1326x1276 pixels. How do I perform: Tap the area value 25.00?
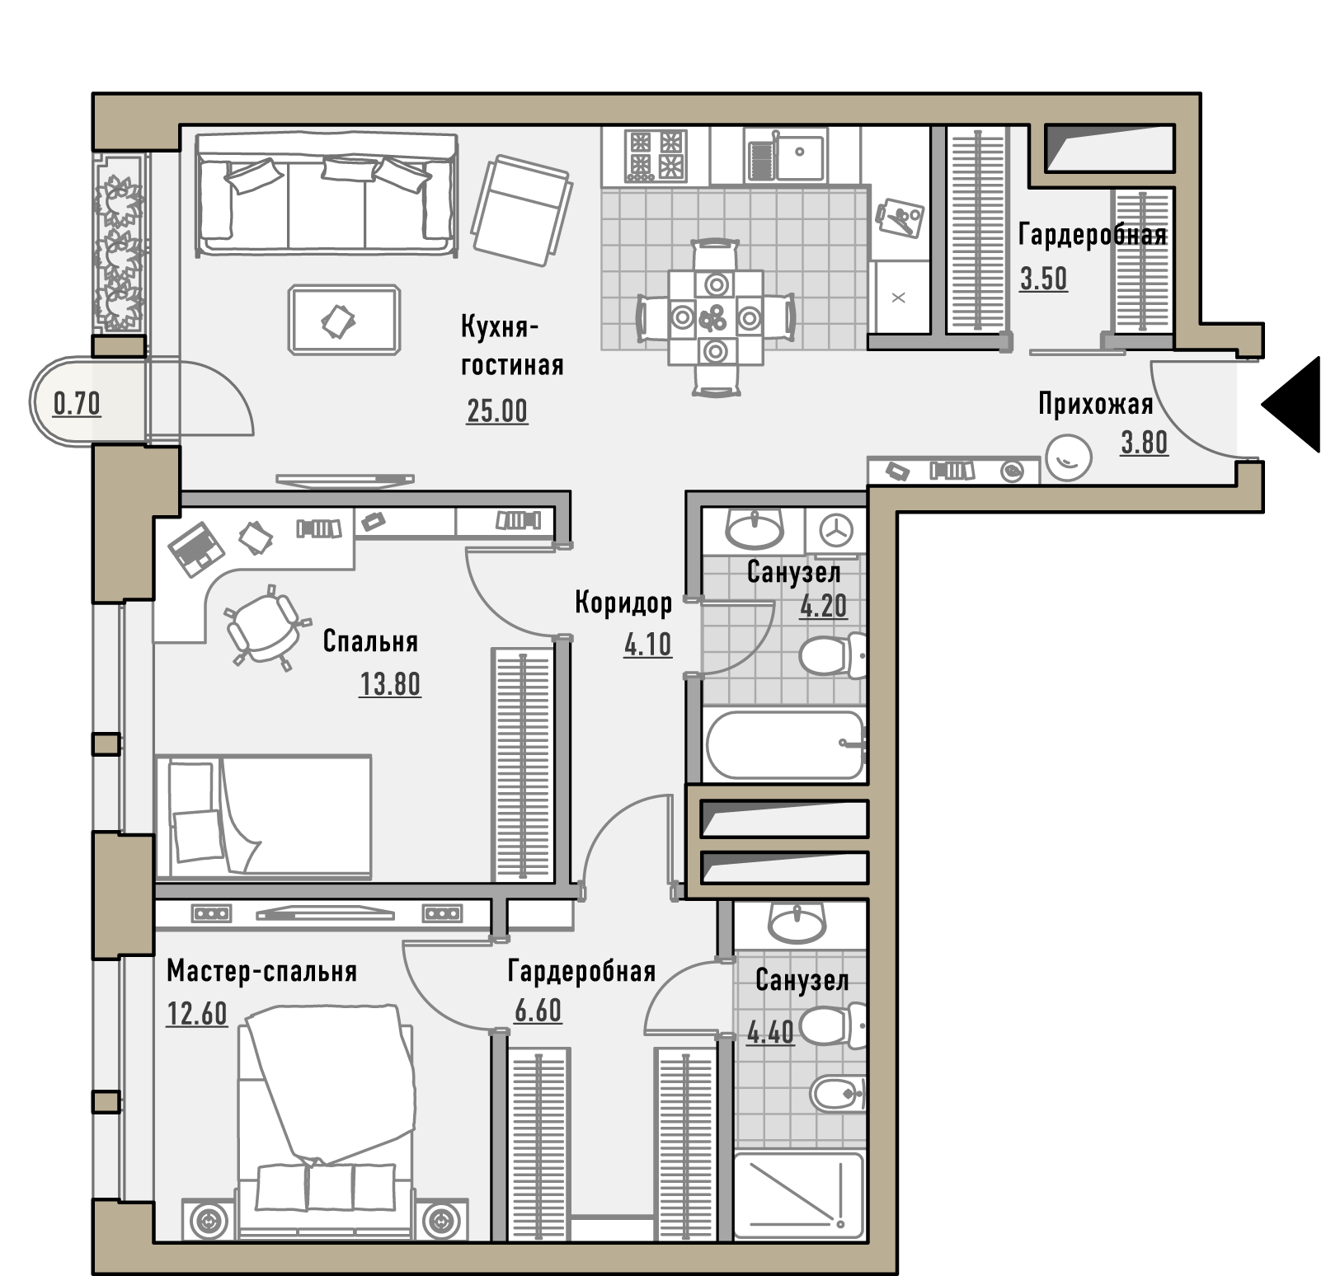click(x=497, y=410)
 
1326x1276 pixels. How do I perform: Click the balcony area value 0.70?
click(x=77, y=404)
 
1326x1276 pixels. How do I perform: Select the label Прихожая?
click(x=1095, y=405)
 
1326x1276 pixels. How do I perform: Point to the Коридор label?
click(x=623, y=603)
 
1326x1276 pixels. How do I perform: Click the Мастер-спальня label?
click(x=262, y=971)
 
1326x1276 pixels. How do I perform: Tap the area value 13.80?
click(x=390, y=684)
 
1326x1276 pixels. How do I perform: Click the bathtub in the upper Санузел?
click(x=784, y=744)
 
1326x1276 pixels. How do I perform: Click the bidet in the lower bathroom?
click(x=838, y=1095)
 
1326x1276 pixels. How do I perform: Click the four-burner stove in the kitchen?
click(x=656, y=155)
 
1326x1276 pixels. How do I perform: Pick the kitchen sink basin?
click(x=799, y=157)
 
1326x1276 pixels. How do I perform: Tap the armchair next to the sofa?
click(x=521, y=210)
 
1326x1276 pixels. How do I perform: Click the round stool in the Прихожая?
click(x=1069, y=457)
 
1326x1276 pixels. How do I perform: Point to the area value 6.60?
click(x=538, y=1010)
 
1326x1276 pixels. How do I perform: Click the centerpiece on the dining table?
click(x=715, y=317)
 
